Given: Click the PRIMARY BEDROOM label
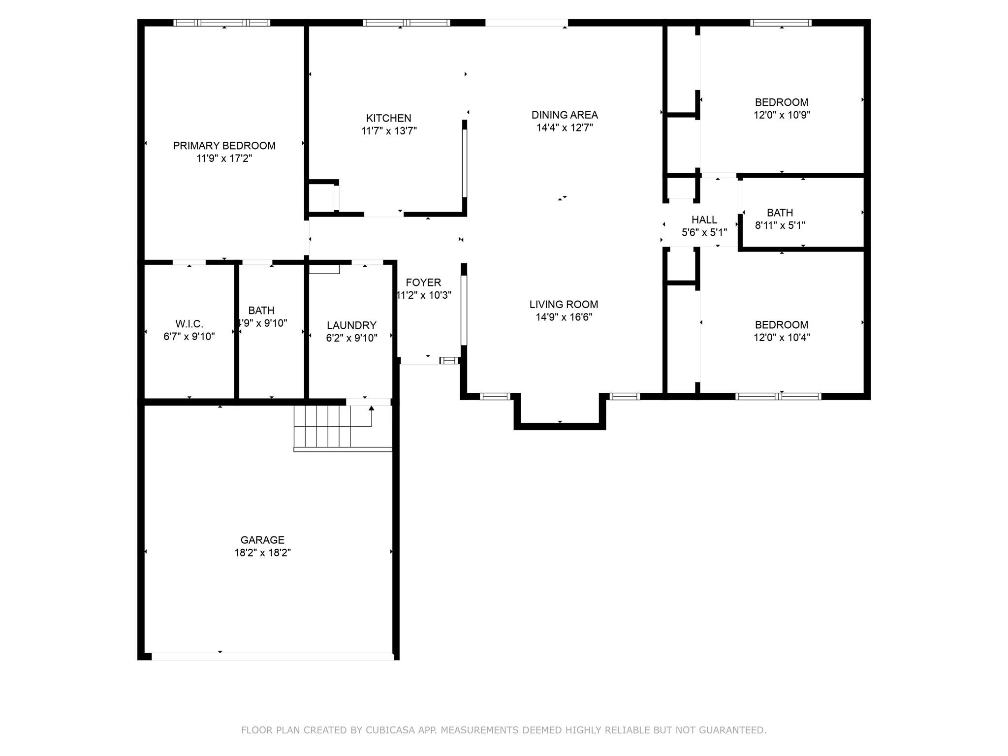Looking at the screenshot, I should click(x=224, y=146).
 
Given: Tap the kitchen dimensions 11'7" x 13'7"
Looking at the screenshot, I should click(x=389, y=131).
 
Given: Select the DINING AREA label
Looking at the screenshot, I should click(x=565, y=115).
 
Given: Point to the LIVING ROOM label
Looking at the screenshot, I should click(x=564, y=304).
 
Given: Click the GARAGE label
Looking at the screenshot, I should click(x=262, y=540).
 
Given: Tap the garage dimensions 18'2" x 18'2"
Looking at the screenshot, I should click(x=262, y=553).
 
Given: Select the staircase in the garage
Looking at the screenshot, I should click(x=322, y=426).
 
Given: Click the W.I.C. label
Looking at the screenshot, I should click(x=189, y=324).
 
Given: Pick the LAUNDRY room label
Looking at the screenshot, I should click(x=351, y=325).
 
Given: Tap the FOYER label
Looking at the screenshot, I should click(x=423, y=283).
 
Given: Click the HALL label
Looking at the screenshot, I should click(x=704, y=220).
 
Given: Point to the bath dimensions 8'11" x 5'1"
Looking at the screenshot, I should click(x=780, y=225).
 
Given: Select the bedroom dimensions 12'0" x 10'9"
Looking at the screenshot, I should click(x=782, y=115).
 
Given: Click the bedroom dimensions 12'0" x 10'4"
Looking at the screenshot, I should click(x=782, y=338).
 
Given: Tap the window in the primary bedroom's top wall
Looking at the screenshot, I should click(x=222, y=23).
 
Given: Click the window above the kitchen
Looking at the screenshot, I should click(x=406, y=23).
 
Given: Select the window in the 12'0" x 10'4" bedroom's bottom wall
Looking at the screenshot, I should click(x=778, y=396).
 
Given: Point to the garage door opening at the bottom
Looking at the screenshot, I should click(x=272, y=656).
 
